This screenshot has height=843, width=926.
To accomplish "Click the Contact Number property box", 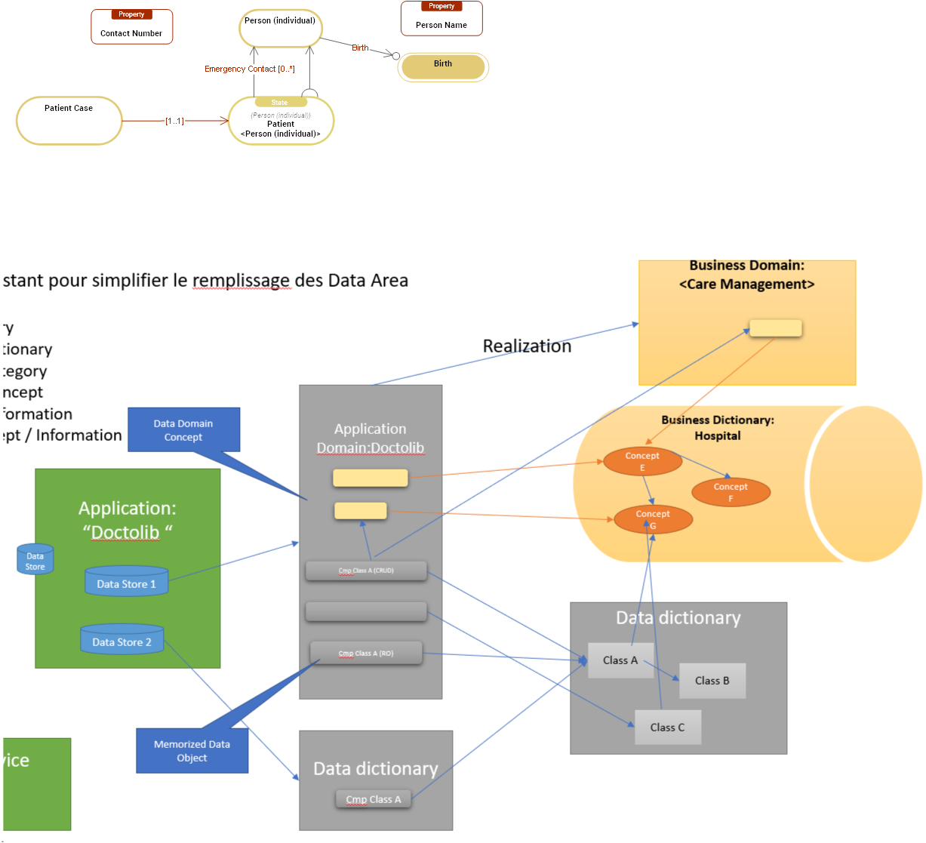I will tap(131, 27).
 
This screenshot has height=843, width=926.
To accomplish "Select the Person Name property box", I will tap(441, 19).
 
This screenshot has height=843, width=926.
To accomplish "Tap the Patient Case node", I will tap(69, 120).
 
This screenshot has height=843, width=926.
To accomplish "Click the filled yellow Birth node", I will tap(443, 66).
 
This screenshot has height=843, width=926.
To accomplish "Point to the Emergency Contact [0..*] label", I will tap(249, 69).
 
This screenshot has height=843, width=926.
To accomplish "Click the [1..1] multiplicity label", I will tap(174, 121).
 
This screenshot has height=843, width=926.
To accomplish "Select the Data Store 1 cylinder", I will tap(126, 583).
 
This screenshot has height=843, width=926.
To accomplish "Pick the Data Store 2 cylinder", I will tap(122, 641).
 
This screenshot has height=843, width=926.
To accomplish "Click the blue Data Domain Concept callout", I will tap(183, 430).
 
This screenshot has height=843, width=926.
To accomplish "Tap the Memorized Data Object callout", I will tap(192, 751).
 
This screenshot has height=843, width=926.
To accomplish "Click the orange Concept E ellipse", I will tap(642, 461).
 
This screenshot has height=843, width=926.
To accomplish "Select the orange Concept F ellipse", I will tap(731, 492).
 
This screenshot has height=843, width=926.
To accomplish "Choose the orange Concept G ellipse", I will tap(653, 519).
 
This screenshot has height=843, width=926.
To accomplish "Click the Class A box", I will tap(620, 660).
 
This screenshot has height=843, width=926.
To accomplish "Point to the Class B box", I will tap(712, 681).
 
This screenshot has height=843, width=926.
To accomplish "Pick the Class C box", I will tap(667, 728).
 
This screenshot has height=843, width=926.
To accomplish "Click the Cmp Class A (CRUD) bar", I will tap(366, 571).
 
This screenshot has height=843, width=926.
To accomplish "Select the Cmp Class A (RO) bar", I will tap(366, 654).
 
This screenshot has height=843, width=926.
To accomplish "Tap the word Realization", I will tap(527, 346).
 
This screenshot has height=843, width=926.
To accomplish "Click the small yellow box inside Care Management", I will tap(775, 328).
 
